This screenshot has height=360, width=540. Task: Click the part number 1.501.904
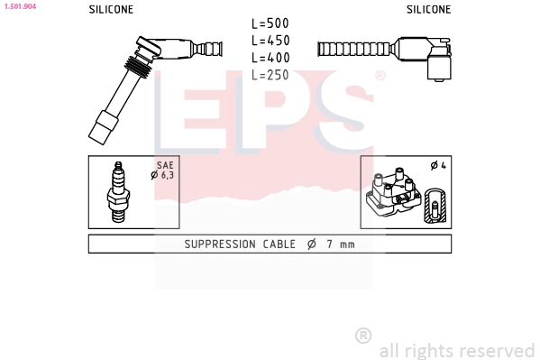[x=20, y=6]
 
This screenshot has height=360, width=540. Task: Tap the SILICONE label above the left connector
[x=111, y=9]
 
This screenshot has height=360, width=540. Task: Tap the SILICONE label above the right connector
[x=428, y=9]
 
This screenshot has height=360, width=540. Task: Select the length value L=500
[x=270, y=23]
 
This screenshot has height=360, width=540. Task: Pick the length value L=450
[x=270, y=41]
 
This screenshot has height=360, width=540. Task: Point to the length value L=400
[x=270, y=58]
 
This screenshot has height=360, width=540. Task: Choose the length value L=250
[x=270, y=75]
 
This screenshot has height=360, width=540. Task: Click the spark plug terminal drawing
[x=118, y=192]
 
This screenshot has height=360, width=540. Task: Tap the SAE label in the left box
[x=165, y=165]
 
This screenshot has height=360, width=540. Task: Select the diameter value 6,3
[x=168, y=175]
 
